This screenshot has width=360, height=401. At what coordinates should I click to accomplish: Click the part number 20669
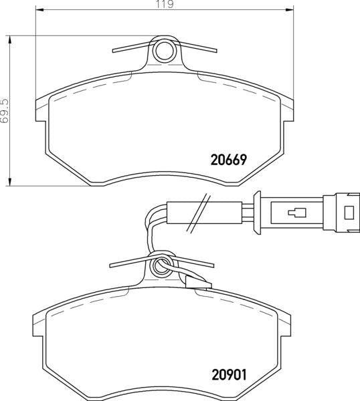(x=230, y=160)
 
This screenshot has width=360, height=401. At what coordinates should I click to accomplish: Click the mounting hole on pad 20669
(x=163, y=50)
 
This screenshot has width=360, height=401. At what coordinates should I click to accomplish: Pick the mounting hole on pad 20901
(x=161, y=269)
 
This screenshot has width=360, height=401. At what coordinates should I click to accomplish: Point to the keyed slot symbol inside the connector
(x=295, y=214)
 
